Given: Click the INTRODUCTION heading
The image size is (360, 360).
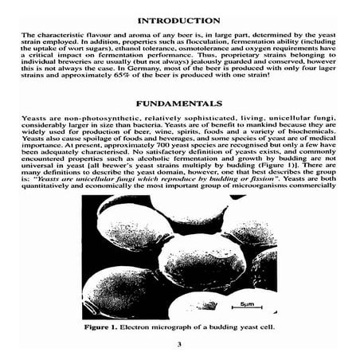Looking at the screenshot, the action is coord(179,19).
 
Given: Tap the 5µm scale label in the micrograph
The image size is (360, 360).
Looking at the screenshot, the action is coord(246,304).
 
